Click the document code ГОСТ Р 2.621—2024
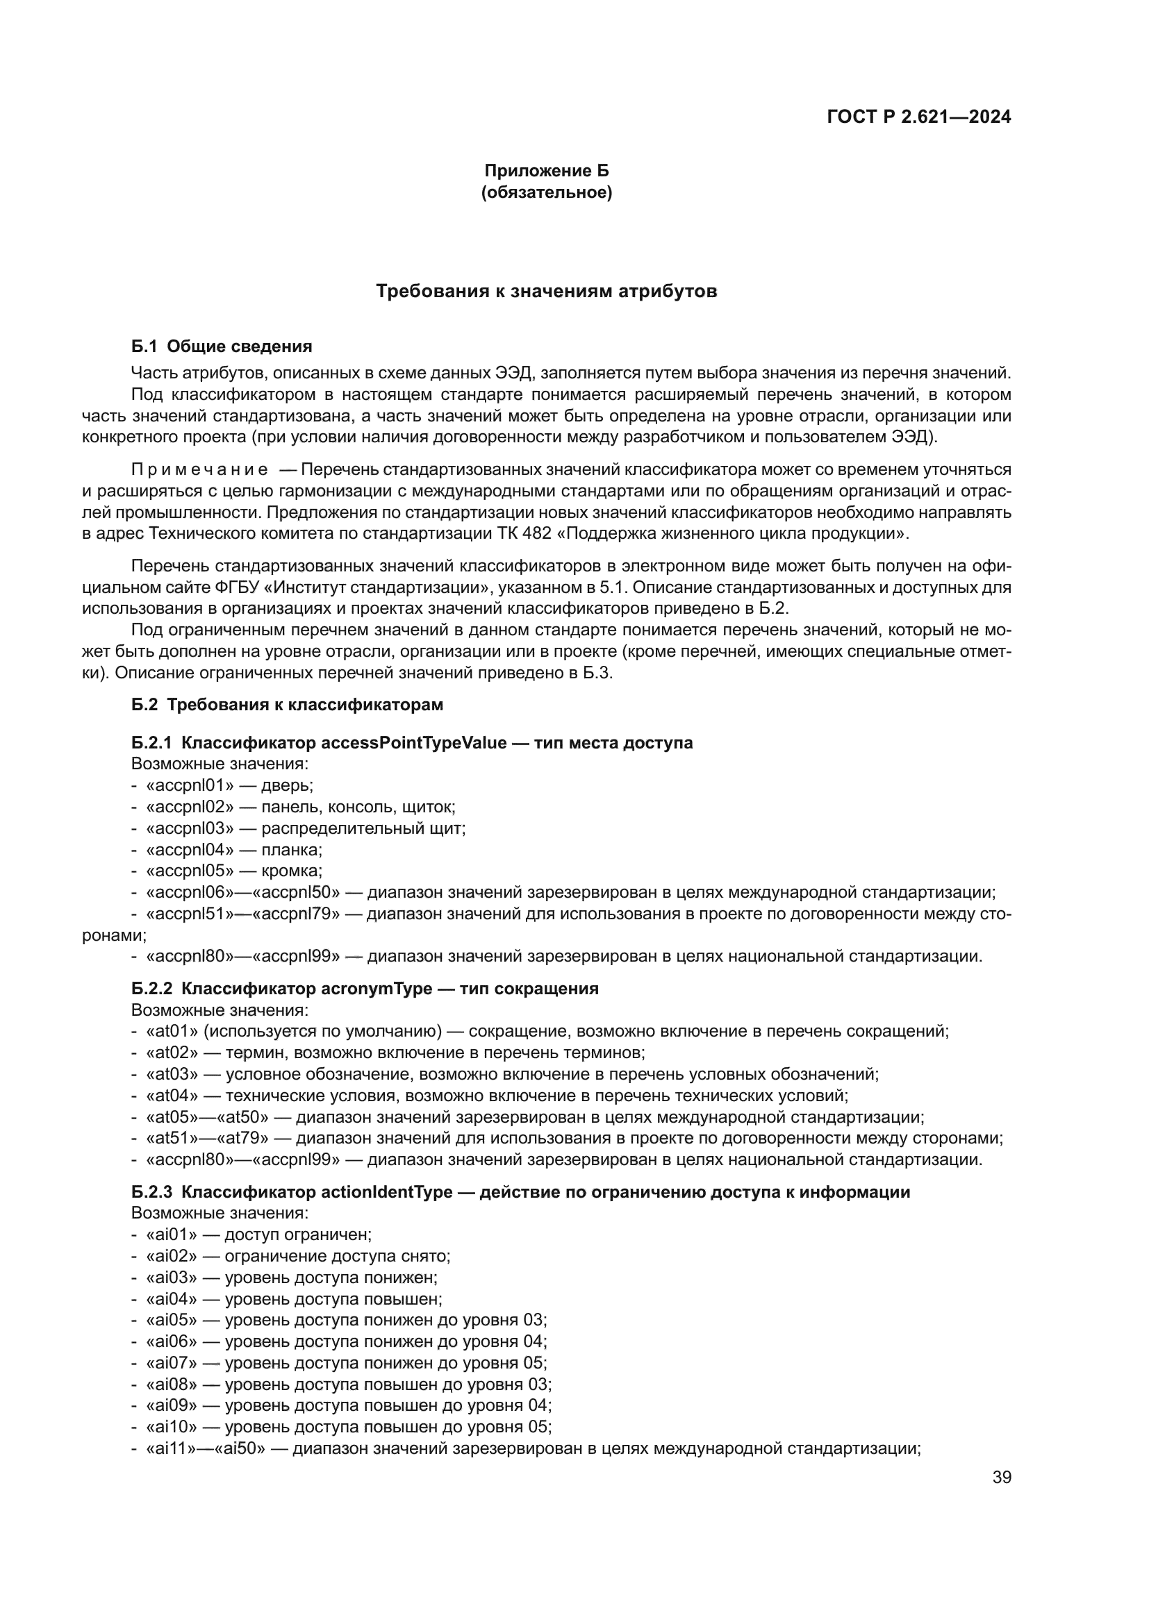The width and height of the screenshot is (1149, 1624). pos(918,117)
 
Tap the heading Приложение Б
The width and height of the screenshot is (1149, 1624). pos(546,171)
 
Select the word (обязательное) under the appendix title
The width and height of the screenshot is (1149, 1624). pos(546,192)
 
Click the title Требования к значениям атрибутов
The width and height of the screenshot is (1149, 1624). pos(546,292)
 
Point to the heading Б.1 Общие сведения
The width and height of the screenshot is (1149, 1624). pos(222,346)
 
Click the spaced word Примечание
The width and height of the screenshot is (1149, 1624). pos(199,469)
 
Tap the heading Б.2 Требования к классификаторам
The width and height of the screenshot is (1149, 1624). pos(288,705)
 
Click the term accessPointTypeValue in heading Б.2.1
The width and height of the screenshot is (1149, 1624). pos(414,743)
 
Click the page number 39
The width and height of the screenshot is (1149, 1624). pos(1001,1477)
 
